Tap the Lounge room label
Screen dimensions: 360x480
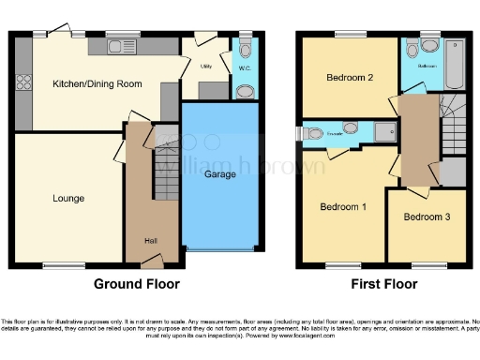coord(68,198)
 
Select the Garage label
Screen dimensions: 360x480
coord(220,174)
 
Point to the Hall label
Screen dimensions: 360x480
coord(151,239)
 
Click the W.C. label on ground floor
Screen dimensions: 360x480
coord(246,67)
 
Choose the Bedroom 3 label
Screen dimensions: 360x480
coord(427,217)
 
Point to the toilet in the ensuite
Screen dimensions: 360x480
coord(311,132)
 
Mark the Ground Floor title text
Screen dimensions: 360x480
coord(136,282)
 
